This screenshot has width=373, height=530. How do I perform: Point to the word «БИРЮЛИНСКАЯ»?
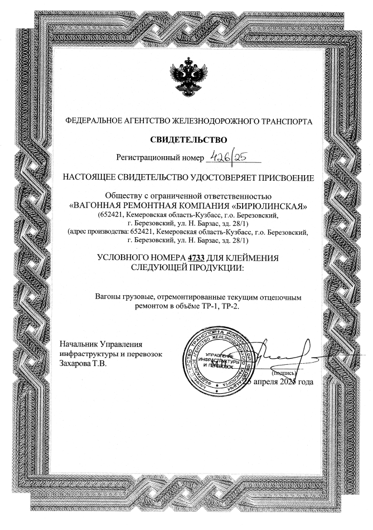264,205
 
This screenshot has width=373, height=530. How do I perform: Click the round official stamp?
219,360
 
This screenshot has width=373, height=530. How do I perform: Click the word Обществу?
124,195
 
